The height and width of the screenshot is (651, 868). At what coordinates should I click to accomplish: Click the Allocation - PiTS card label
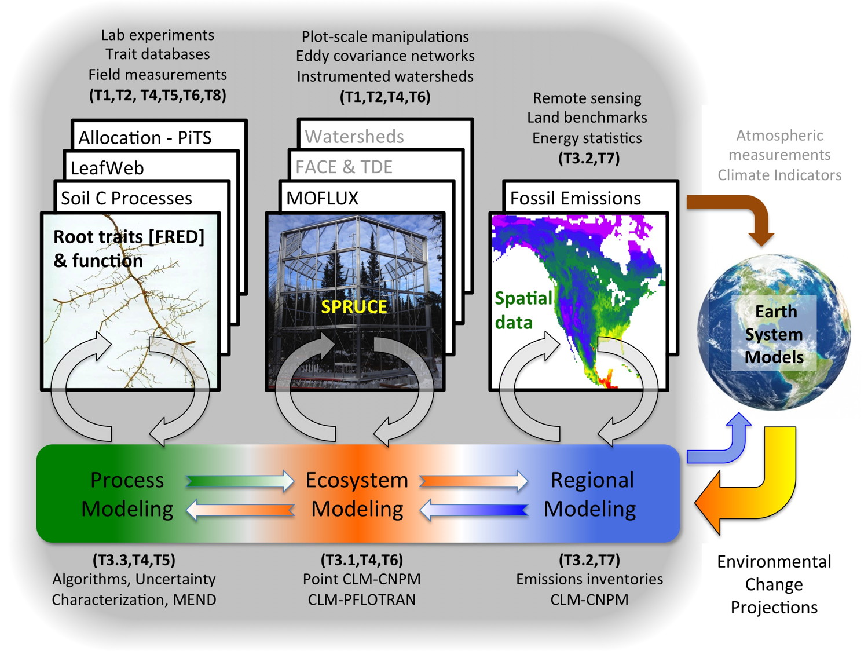(145, 138)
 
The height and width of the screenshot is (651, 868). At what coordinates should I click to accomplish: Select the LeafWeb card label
(107, 168)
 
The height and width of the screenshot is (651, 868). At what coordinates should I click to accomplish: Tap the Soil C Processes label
(126, 198)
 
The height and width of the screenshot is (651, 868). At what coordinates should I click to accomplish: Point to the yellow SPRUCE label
(354, 306)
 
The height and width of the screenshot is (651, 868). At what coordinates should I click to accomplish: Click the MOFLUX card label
(322, 198)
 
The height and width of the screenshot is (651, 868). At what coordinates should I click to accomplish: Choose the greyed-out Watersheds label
(354, 137)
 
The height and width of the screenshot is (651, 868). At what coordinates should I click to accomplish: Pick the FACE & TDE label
(343, 167)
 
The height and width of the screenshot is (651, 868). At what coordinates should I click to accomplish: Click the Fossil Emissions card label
(575, 198)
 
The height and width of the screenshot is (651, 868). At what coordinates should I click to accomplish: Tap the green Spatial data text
(522, 310)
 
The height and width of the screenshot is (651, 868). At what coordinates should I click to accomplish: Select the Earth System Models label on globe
(774, 334)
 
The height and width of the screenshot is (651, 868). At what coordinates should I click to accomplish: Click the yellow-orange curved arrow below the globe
(753, 481)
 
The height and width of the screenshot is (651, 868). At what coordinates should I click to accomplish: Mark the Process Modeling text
(127, 494)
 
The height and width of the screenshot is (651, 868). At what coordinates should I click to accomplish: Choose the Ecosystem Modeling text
(357, 494)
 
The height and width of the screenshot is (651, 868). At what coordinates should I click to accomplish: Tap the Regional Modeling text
(591, 494)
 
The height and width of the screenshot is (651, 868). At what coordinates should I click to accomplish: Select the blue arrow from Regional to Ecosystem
(474, 510)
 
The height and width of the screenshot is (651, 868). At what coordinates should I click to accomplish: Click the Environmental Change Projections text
(774, 584)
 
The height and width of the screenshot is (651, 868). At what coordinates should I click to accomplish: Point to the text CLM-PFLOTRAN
(361, 599)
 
